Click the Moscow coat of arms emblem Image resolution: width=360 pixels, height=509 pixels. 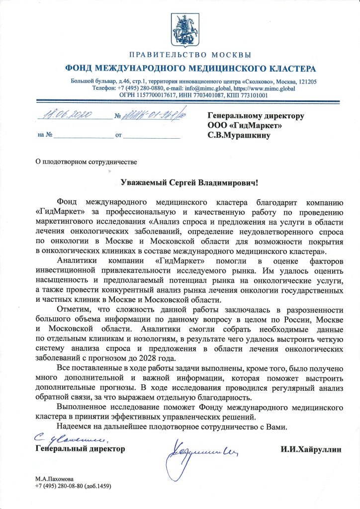(180, 28)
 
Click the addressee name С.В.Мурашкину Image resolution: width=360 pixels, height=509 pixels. (239, 135)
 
